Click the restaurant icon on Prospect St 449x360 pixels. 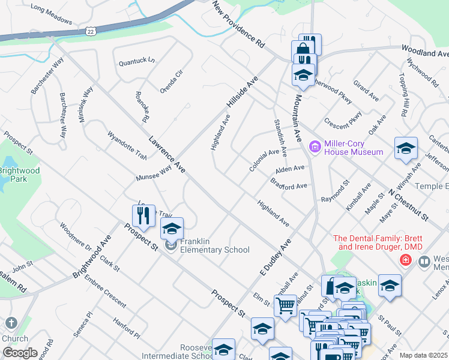[x=142, y=214]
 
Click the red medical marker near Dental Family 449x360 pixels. [x=406, y=260]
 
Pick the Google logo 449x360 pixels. [x=20, y=352]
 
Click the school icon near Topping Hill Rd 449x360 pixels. [x=406, y=148]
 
